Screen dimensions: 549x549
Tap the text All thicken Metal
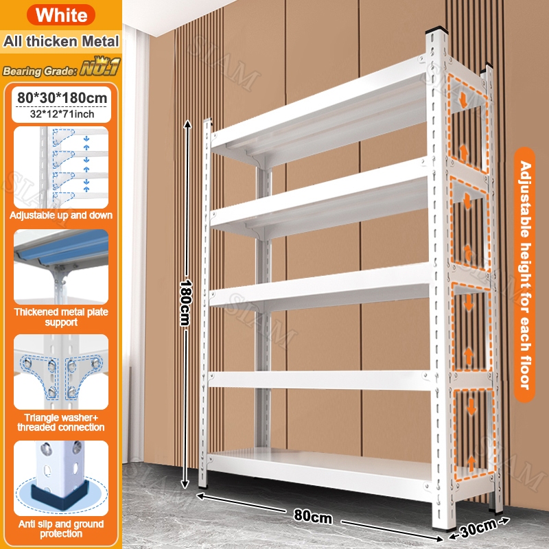click(61, 41)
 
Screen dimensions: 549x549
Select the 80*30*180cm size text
click(61, 98)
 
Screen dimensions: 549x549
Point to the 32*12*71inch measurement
click(61, 115)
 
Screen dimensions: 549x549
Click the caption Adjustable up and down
click(61, 215)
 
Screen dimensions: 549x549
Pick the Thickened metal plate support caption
click(61, 317)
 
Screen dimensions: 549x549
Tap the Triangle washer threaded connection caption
click(61, 422)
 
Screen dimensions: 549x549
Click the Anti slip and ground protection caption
click(61, 528)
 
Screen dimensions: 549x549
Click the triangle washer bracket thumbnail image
click(61, 375)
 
